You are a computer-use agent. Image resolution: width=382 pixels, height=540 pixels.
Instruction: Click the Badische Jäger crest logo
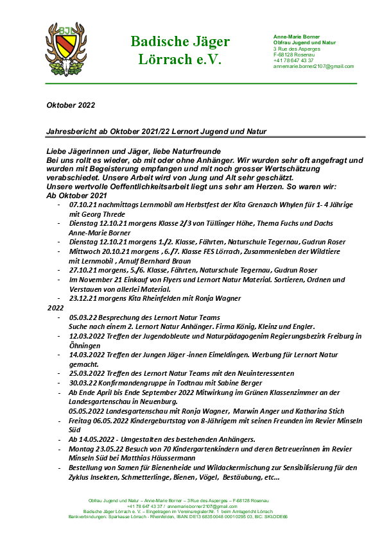click(x=65, y=49)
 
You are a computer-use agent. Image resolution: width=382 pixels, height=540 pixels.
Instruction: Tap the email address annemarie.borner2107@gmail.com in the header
click(x=313, y=66)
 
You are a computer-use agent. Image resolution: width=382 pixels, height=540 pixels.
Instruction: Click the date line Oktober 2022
click(x=70, y=104)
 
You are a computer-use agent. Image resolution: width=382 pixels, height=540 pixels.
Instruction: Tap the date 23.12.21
click(x=82, y=298)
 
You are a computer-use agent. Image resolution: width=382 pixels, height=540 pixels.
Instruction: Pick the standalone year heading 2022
click(x=55, y=308)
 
